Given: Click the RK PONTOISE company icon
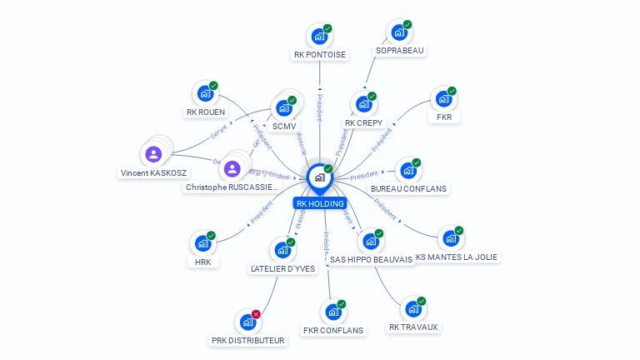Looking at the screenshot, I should pyautogui.click(x=318, y=36).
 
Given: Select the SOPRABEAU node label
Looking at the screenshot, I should pyautogui.click(x=400, y=50).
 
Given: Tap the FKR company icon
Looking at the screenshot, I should pyautogui.click(x=442, y=99).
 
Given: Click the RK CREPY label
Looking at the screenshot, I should pyautogui.click(x=363, y=122).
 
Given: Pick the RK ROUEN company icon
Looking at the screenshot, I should pyautogui.click(x=204, y=94).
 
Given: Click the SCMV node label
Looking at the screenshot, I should pyautogui.click(x=284, y=127).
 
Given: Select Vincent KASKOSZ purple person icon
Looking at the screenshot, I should pyautogui.click(x=153, y=154).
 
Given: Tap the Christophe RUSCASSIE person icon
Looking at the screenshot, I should pyautogui.click(x=232, y=168).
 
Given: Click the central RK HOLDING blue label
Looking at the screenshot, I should pyautogui.click(x=320, y=203).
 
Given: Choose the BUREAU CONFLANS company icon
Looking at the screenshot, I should pyautogui.click(x=407, y=171).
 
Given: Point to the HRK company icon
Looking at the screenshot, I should pyautogui.click(x=202, y=244).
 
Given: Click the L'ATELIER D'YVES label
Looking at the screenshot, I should pyautogui.click(x=283, y=269).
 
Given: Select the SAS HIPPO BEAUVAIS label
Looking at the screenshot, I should pyautogui.click(x=371, y=259).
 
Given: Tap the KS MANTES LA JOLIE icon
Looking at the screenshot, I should pyautogui.click(x=450, y=239).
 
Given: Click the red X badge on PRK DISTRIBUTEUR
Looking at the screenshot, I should pyautogui.click(x=256, y=314).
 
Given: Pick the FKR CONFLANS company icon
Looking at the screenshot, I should pyautogui.click(x=332, y=312).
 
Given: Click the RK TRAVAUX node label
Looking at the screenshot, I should pyautogui.click(x=413, y=327).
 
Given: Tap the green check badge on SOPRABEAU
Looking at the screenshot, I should pyautogui.click(x=407, y=25).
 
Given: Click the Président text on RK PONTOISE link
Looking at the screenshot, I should pyautogui.click(x=319, y=108).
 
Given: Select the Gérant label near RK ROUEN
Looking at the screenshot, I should pyautogui.click(x=219, y=132).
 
